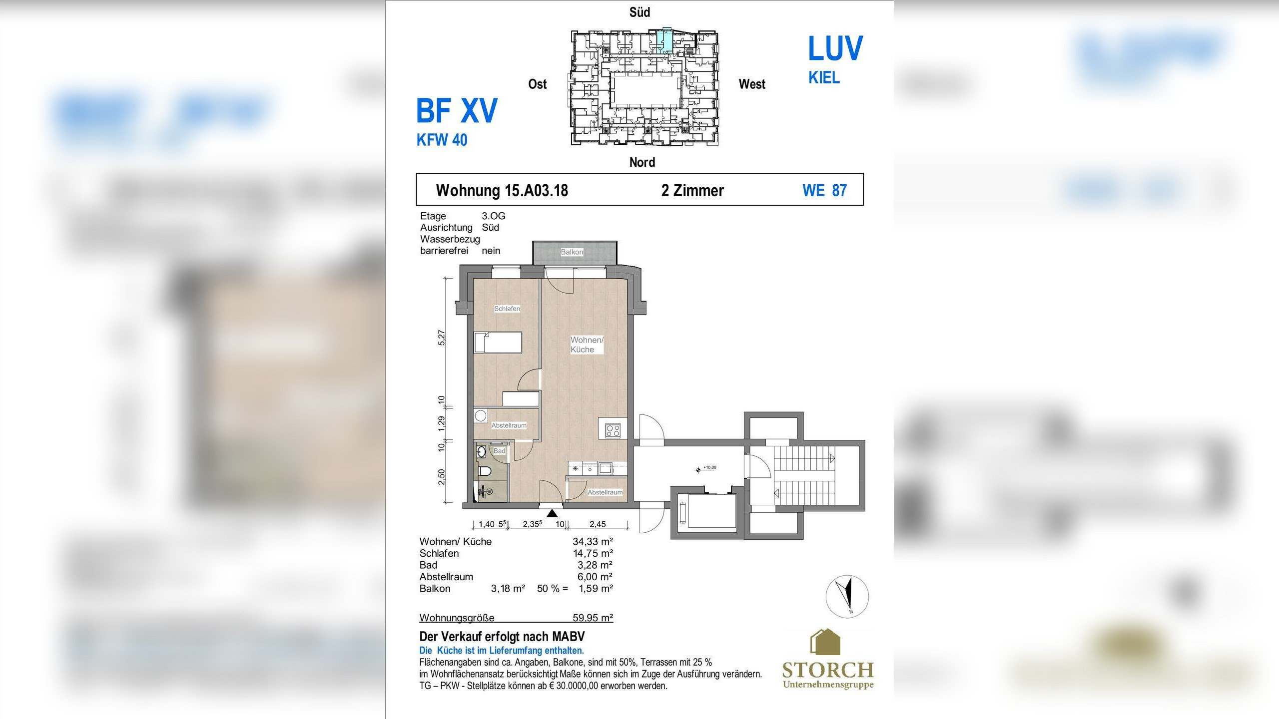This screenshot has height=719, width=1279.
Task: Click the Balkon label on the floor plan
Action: pyautogui.click(x=572, y=252)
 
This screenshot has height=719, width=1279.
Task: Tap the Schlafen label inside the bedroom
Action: pyautogui.click(x=507, y=309)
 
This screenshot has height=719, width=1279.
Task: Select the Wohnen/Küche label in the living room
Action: pyautogui.click(x=587, y=345)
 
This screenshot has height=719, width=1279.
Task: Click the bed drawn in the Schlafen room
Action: pyautogui.click(x=498, y=343)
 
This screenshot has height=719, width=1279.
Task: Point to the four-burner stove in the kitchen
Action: pyautogui.click(x=613, y=430)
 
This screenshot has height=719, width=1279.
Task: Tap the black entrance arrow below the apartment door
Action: pyautogui.click(x=552, y=513)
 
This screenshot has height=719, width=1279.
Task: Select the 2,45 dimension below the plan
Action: pyautogui.click(x=598, y=524)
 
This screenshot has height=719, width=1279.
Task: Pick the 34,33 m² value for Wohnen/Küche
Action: pyautogui.click(x=593, y=541)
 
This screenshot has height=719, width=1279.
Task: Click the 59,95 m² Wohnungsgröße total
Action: pyautogui.click(x=593, y=618)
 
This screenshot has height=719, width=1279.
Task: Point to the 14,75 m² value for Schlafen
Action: pyautogui.click(x=593, y=553)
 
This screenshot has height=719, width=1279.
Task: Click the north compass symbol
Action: pyautogui.click(x=847, y=596)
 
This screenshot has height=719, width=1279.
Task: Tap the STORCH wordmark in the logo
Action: pyautogui.click(x=828, y=670)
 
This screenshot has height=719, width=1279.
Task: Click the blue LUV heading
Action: pyautogui.click(x=835, y=48)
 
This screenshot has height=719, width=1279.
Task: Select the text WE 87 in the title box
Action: pyautogui.click(x=825, y=190)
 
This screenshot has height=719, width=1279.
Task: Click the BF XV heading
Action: pyautogui.click(x=457, y=111)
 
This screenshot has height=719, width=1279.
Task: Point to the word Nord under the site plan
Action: pyautogui.click(x=642, y=162)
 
